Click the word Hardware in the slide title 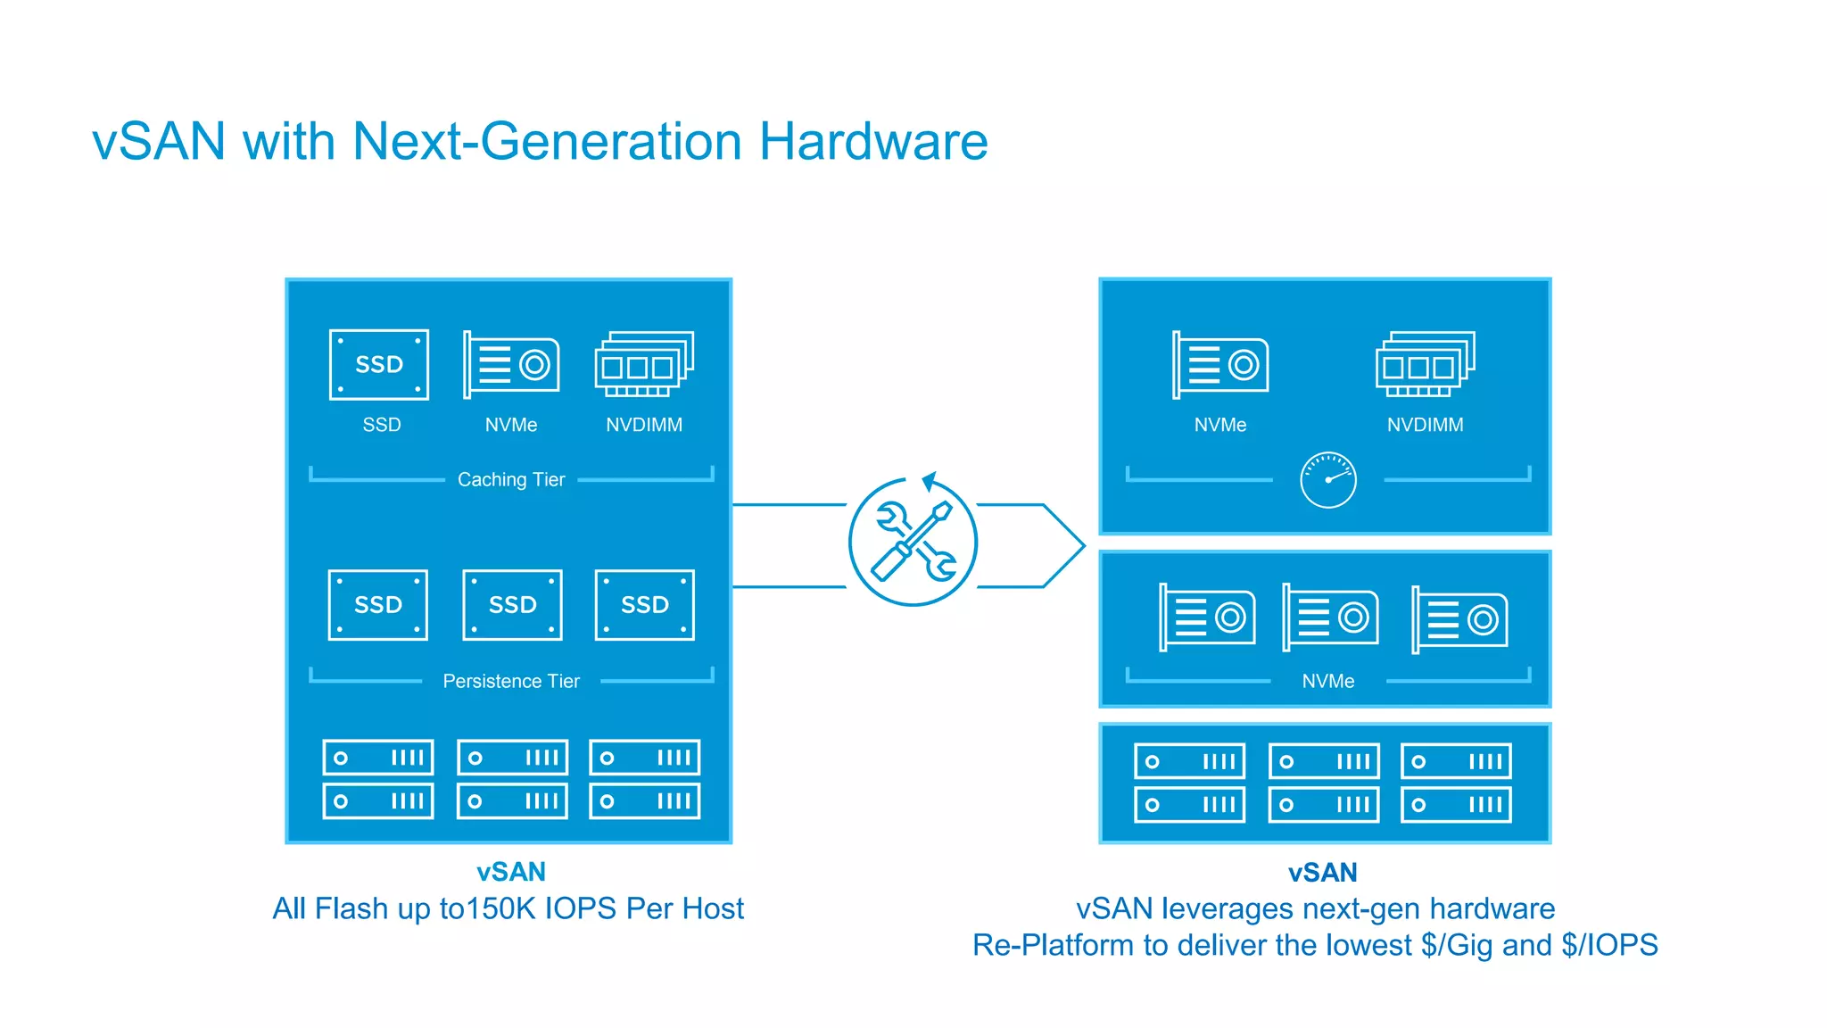tap(872, 142)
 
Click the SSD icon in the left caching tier tap(379, 365)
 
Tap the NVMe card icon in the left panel tap(512, 364)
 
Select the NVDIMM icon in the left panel tap(644, 364)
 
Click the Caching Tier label tap(511, 480)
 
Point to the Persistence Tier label tap(511, 682)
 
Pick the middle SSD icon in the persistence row tap(512, 605)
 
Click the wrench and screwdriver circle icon tap(913, 543)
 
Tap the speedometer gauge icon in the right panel tap(1327, 480)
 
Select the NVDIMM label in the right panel tap(1425, 426)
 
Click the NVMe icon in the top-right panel tap(1220, 364)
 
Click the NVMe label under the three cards tap(1327, 682)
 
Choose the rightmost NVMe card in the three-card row tap(1459, 619)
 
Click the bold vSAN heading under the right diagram tap(1322, 873)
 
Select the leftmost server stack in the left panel tap(378, 779)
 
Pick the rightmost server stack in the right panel tap(1456, 783)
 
